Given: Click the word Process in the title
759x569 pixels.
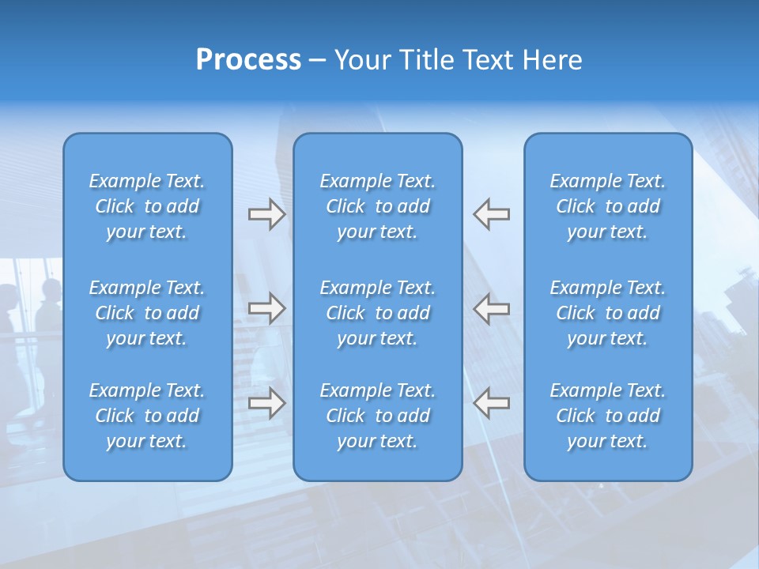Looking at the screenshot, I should coord(248,60).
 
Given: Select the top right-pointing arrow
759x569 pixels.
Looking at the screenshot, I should coord(266,214).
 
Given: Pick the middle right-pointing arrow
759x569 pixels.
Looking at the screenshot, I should coord(266,308).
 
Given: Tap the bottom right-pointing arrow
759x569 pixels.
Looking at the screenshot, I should coord(266,403).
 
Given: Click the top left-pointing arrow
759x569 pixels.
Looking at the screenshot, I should coord(492,214).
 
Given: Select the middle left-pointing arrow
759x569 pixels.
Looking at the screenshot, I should coord(492,308).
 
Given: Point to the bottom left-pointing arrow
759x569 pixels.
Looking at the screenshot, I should coord(492,403).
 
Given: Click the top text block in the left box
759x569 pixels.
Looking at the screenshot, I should coord(147,206).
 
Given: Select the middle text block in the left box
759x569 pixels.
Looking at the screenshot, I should coord(147,313).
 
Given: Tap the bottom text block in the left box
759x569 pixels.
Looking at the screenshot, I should coord(147,416).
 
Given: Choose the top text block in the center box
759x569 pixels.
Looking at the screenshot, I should coord(378,206).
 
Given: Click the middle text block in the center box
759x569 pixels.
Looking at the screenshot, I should coord(378,313).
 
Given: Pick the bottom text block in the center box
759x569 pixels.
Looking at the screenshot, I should coord(378,416).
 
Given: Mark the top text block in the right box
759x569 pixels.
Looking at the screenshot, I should coord(608,206).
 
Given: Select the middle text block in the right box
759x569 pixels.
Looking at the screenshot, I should coord(608,313).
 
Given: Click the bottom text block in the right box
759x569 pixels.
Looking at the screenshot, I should coord(608,416).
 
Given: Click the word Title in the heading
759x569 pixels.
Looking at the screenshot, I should coord(423,60).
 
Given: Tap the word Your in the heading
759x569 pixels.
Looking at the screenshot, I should coord(361,60).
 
